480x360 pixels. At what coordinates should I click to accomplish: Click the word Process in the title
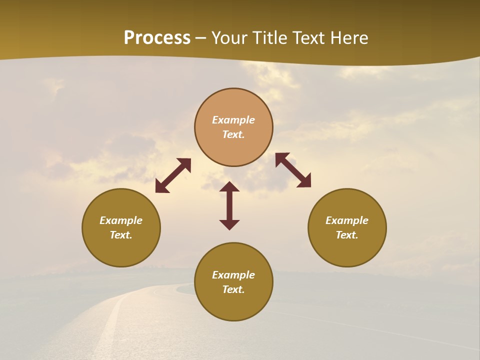[157, 38]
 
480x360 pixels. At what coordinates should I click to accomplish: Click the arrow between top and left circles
[173, 175]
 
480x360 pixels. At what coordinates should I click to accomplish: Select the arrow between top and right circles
[293, 170]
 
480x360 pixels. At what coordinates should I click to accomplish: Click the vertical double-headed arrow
[229, 205]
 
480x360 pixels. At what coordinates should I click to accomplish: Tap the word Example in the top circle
[233, 120]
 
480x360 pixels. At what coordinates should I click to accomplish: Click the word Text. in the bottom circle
[233, 289]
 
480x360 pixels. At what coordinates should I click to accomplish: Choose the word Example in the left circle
[121, 220]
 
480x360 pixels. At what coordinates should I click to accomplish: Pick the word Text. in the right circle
[347, 235]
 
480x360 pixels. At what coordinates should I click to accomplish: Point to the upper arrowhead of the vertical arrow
[229, 186]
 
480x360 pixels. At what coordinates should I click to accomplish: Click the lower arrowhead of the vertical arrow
[229, 224]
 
